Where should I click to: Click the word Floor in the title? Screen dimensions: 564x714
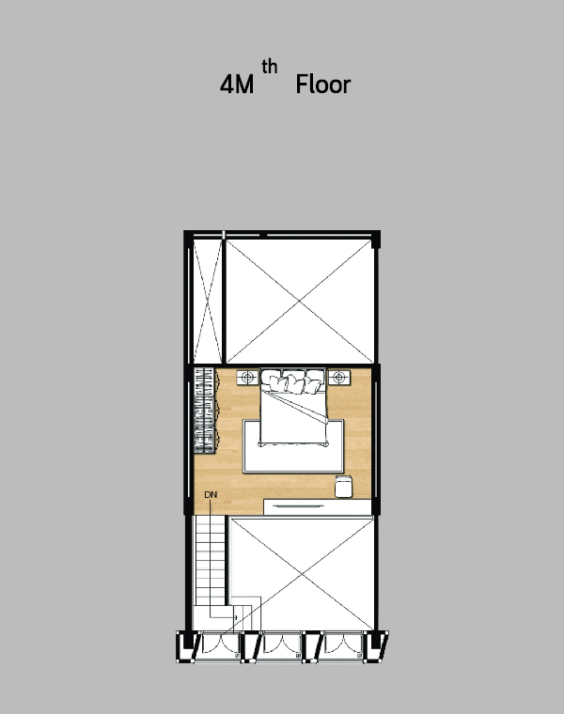(323, 85)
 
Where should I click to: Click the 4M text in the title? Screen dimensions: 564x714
(237, 85)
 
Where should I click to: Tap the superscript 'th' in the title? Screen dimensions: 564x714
(269, 67)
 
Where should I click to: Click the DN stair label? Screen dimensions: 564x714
(211, 494)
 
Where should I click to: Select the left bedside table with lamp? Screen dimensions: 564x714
(247, 377)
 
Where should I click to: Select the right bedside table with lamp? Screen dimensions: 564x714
(339, 377)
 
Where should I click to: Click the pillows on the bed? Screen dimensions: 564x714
(293, 381)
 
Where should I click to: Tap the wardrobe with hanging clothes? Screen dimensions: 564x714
(206, 411)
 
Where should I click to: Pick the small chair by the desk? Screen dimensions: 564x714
(343, 486)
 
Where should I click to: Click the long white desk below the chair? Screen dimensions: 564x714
(317, 507)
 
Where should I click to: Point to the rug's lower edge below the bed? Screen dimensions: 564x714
(293, 472)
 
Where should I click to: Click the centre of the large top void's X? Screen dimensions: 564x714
(299, 301)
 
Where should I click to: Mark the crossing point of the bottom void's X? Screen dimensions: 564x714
(301, 574)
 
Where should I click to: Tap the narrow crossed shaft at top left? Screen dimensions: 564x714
(208, 301)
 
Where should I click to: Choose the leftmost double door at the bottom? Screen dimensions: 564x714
(221, 645)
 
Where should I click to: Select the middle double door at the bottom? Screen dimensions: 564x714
(282, 645)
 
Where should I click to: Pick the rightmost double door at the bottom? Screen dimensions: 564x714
(343, 645)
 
